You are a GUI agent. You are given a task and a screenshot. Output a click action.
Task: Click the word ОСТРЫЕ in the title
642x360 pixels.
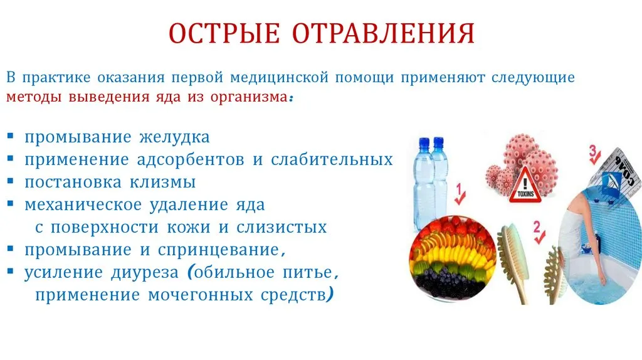(224, 33)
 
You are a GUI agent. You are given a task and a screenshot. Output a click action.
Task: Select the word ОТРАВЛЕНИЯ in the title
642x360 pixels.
(383, 33)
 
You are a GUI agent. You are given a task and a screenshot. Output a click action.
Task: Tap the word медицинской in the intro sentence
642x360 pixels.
(279, 77)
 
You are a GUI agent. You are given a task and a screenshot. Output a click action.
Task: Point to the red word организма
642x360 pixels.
(249, 98)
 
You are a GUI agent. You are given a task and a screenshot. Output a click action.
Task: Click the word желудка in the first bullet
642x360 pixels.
(174, 137)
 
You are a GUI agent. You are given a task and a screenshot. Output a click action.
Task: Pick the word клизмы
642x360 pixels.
(162, 183)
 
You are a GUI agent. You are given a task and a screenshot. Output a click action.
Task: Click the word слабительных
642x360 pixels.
(332, 159)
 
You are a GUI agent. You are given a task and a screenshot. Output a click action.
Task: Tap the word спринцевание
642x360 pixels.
(219, 250)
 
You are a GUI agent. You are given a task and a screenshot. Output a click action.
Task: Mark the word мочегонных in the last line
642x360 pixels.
(201, 295)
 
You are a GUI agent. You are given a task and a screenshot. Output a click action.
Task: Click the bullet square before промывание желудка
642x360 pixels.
(11, 135)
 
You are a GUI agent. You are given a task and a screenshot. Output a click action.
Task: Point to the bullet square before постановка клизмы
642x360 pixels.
(11, 181)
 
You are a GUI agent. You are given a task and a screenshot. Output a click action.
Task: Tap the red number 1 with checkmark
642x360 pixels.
(460, 194)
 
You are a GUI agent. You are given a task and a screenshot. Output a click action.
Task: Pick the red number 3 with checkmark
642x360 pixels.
(594, 155)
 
